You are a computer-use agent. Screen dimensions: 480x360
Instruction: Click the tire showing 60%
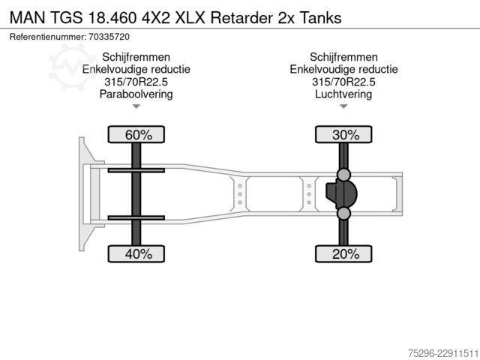pyautogui.click(x=136, y=134)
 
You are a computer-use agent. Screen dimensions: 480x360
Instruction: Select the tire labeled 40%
pyautogui.click(x=136, y=253)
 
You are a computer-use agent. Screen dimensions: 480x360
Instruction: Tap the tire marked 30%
pyautogui.click(x=343, y=134)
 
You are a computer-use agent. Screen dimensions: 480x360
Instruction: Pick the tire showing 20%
pyautogui.click(x=343, y=253)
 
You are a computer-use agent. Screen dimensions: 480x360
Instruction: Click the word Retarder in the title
pyautogui.click(x=241, y=18)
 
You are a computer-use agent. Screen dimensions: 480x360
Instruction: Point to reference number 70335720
pyautogui.click(x=109, y=37)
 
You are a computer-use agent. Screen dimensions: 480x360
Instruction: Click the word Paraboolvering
pyautogui.click(x=136, y=94)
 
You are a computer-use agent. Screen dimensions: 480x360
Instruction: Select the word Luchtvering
pyautogui.click(x=343, y=94)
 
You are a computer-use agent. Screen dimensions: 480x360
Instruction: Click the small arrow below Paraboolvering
pyautogui.click(x=136, y=106)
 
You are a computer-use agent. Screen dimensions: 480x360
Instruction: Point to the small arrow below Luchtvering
pyautogui.click(x=343, y=106)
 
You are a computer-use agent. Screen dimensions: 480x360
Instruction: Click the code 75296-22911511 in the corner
pyautogui.click(x=443, y=353)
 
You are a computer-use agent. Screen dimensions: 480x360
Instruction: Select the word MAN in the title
pyautogui.click(x=27, y=18)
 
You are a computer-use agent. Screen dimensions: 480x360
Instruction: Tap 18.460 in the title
pyautogui.click(x=112, y=18)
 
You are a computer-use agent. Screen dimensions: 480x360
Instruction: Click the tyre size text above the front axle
pyautogui.click(x=136, y=82)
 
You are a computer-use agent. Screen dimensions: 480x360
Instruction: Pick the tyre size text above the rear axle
pyautogui.click(x=343, y=82)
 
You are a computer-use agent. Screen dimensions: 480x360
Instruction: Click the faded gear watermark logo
pyautogui.click(x=72, y=67)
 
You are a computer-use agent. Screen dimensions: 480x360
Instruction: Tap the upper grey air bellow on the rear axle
pyautogui.click(x=343, y=175)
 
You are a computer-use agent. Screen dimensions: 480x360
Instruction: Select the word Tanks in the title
pyautogui.click(x=320, y=18)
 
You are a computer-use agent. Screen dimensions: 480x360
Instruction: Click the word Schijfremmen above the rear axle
pyautogui.click(x=343, y=57)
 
